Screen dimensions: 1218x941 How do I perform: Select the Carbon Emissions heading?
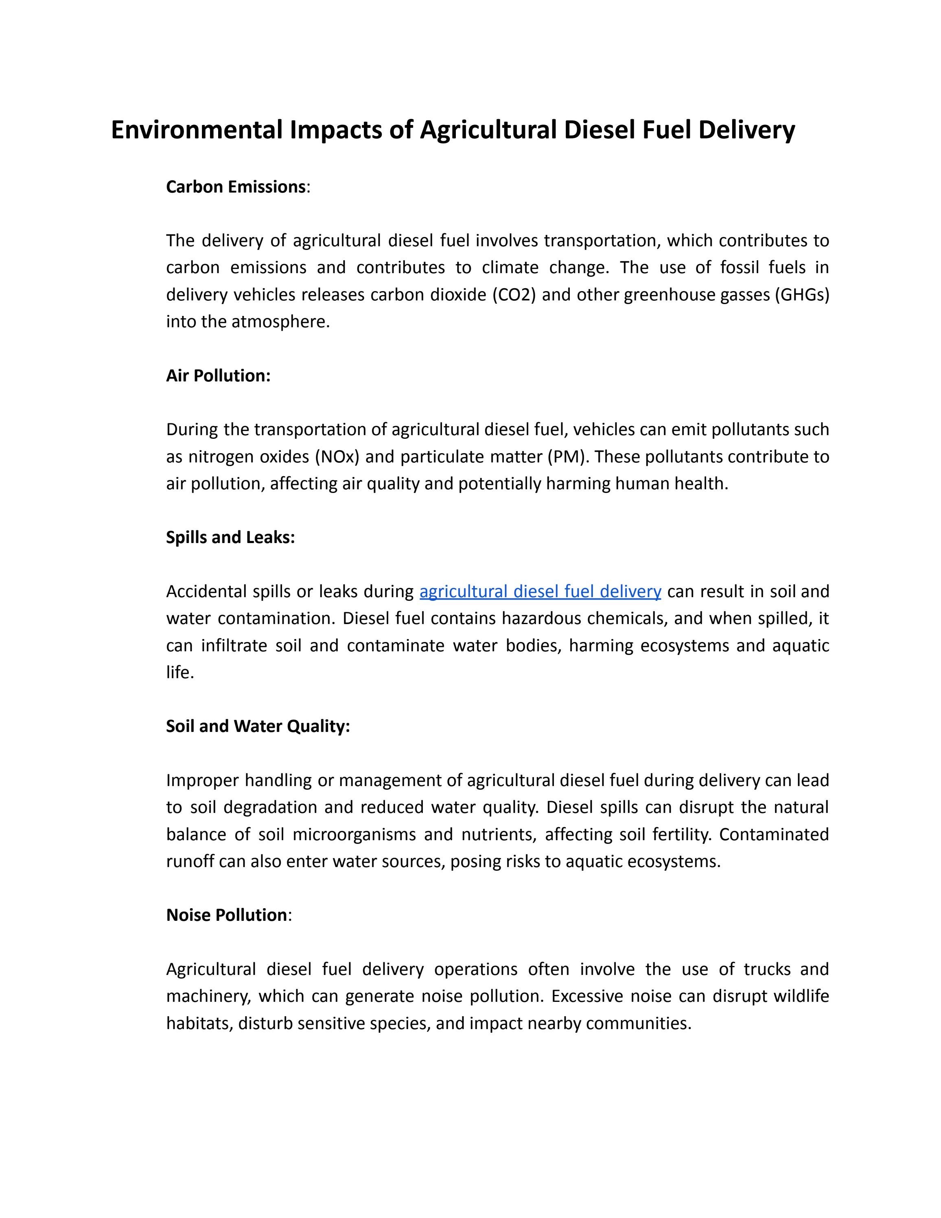coord(236,187)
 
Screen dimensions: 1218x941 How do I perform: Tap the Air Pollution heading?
coord(218,376)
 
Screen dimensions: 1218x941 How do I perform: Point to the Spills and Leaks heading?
coord(230,538)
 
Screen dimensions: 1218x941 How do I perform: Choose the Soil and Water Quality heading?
coord(258,726)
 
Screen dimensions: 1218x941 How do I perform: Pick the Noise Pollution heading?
coord(226,915)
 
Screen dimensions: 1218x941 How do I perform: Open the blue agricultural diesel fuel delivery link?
coord(540,591)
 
